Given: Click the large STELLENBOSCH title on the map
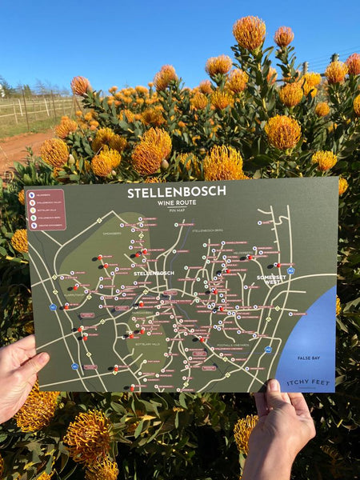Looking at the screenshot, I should click(176, 192).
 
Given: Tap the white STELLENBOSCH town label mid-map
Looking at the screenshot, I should click(154, 273).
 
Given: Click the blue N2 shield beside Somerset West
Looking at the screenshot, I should click(290, 270).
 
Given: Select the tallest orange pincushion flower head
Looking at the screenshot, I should click(250, 32).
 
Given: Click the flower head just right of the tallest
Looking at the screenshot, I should click(284, 36).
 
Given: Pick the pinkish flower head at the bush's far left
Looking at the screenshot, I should click(80, 85).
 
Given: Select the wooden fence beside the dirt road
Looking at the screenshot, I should click(32, 108).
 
